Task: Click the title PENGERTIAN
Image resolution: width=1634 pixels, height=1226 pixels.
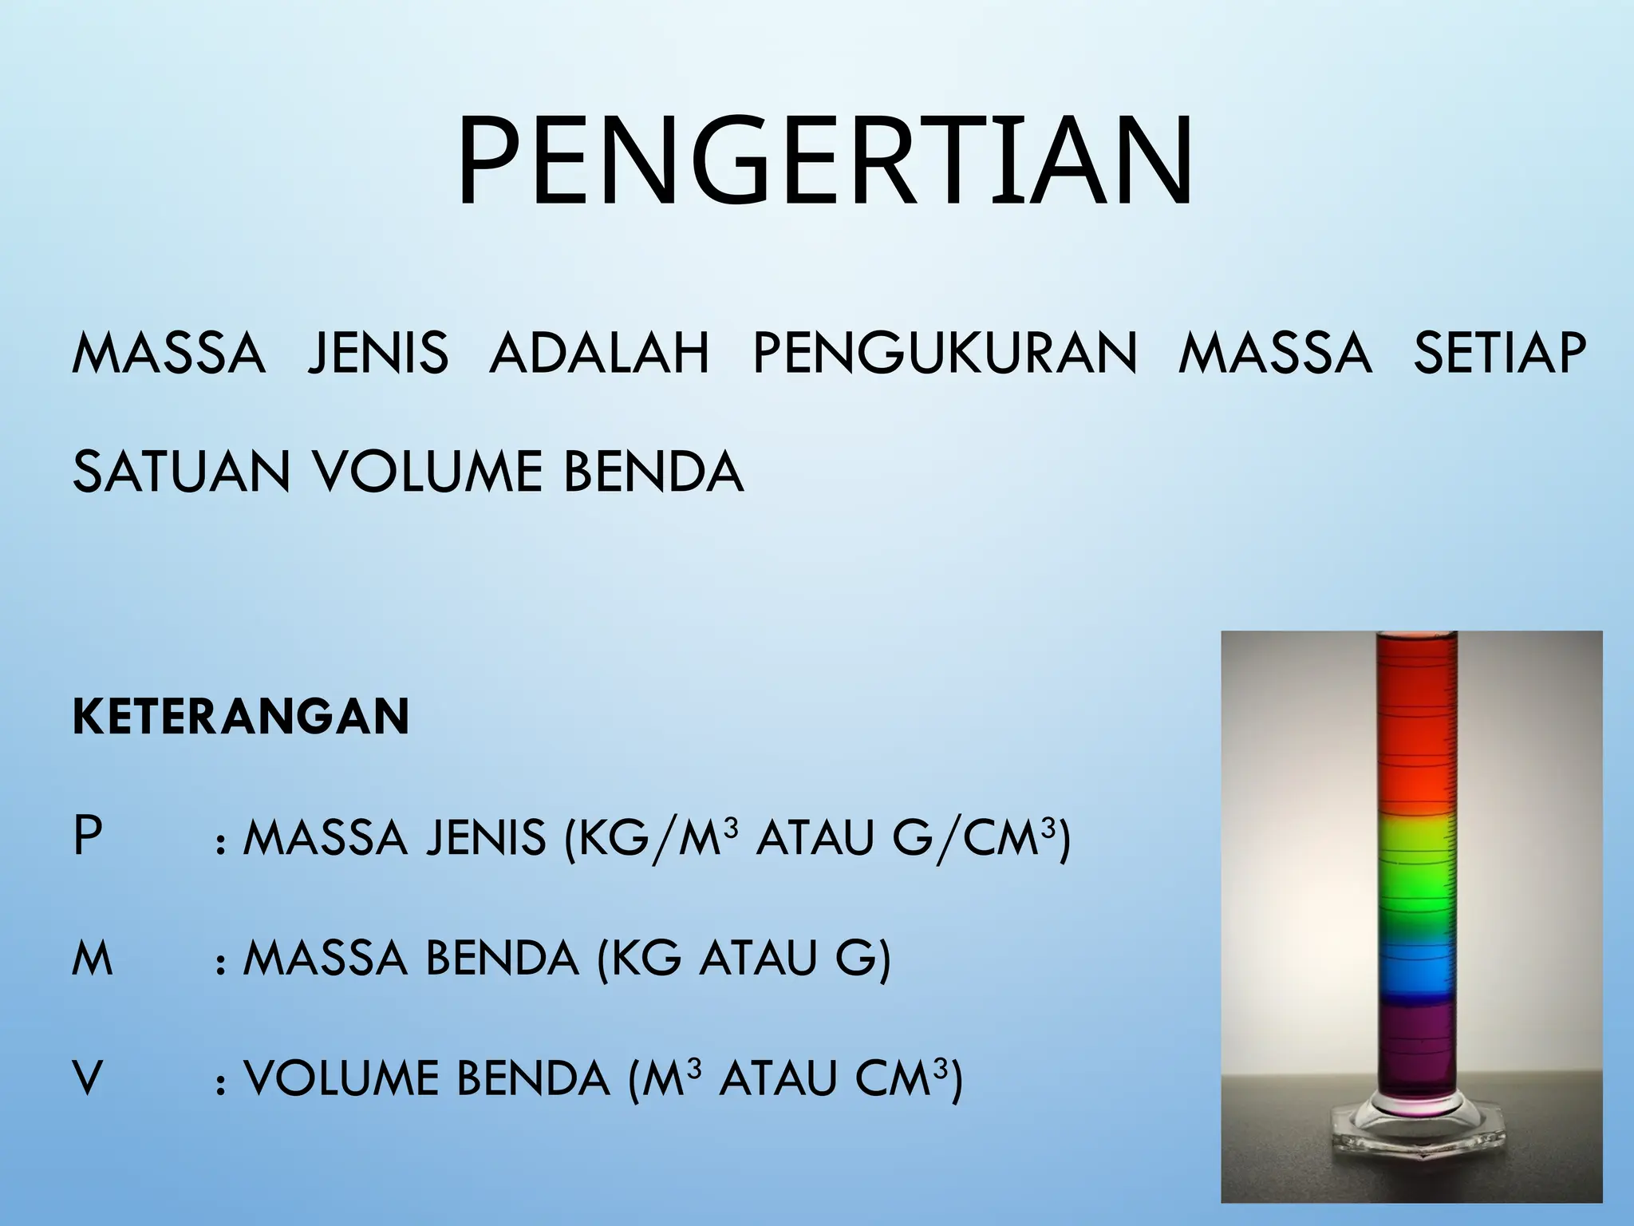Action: pyautogui.click(x=824, y=163)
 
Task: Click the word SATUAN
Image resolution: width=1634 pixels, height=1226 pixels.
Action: pyautogui.click(x=181, y=473)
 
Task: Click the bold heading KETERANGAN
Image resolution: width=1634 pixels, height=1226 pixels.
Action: pyautogui.click(x=241, y=716)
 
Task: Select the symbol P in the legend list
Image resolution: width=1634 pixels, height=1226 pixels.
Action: pyautogui.click(x=87, y=837)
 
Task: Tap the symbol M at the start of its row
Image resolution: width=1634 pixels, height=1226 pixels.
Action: pyautogui.click(x=93, y=959)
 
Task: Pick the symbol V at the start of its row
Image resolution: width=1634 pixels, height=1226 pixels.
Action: pyautogui.click(x=88, y=1079)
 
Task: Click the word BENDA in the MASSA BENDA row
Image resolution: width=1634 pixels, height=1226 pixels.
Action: pyautogui.click(x=502, y=959)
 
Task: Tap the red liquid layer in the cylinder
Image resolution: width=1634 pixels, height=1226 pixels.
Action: pyautogui.click(x=1415, y=734)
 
